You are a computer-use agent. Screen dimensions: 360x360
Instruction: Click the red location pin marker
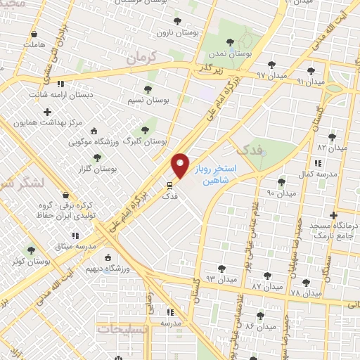pos(180,165)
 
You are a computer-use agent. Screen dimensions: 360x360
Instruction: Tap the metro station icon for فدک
pos(169,186)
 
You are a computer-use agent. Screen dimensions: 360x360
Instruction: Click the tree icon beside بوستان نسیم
pos(148,89)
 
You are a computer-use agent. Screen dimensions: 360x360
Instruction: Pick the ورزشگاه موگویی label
pos(92,142)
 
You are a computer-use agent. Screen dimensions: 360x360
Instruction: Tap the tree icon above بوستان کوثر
pos(30,250)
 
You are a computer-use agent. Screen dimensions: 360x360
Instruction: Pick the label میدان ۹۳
pos(221,280)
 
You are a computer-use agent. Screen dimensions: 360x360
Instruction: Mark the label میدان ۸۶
pos(260,326)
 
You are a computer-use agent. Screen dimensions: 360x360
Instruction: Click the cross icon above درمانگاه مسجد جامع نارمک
pos(334,215)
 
